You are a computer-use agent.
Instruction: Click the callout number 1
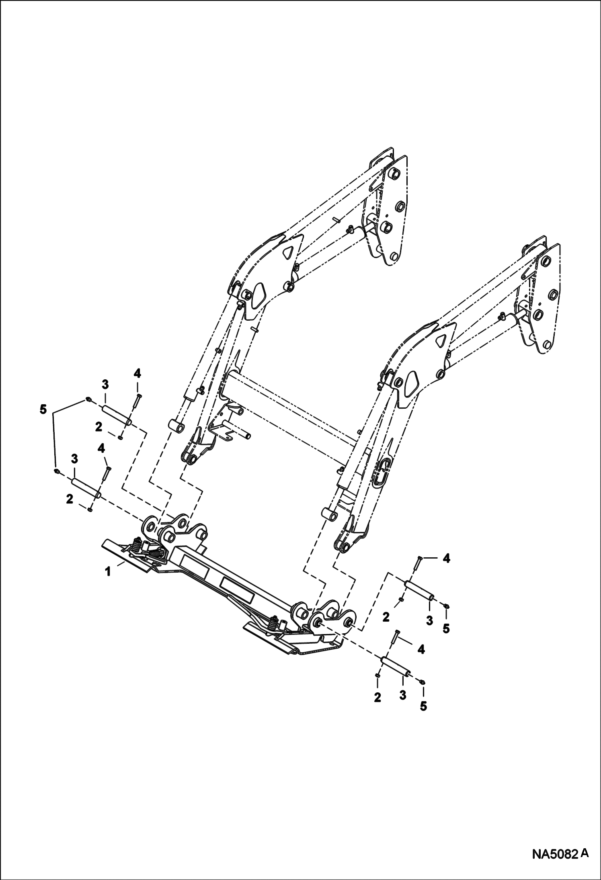(x=108, y=572)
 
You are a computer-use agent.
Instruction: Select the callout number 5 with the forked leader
(x=43, y=409)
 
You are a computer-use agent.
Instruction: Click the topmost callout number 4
(x=137, y=374)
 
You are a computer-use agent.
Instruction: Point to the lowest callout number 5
(x=423, y=706)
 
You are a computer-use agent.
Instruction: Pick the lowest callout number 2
(x=377, y=698)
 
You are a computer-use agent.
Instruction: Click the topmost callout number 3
(x=105, y=385)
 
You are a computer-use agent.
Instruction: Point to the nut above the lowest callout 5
(x=423, y=681)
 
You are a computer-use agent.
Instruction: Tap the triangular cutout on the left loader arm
(x=288, y=253)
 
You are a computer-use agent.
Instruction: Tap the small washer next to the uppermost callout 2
(x=121, y=437)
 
